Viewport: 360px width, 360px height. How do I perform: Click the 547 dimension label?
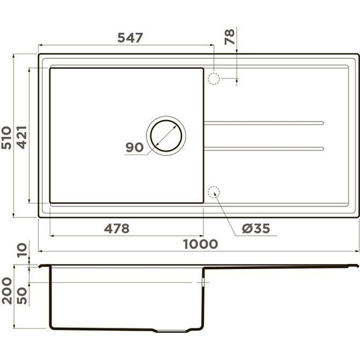click(129, 37)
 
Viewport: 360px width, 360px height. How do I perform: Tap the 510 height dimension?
click(7, 138)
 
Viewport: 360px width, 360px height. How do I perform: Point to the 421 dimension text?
click(22, 138)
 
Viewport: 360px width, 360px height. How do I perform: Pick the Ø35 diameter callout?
click(255, 229)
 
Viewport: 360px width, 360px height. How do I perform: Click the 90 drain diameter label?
click(135, 147)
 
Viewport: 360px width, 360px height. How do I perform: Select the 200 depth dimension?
click(7, 291)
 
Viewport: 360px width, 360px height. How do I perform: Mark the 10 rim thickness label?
click(22, 251)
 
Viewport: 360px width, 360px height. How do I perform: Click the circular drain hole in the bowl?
click(166, 135)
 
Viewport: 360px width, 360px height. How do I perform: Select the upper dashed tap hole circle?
click(213, 78)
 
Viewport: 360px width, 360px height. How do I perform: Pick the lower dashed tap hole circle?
click(213, 191)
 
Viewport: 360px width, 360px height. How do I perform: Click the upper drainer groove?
click(264, 121)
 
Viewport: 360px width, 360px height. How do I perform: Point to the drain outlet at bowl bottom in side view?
click(174, 332)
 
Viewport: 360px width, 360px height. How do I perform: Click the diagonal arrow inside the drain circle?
click(167, 135)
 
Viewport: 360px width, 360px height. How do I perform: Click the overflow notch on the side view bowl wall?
click(203, 282)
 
